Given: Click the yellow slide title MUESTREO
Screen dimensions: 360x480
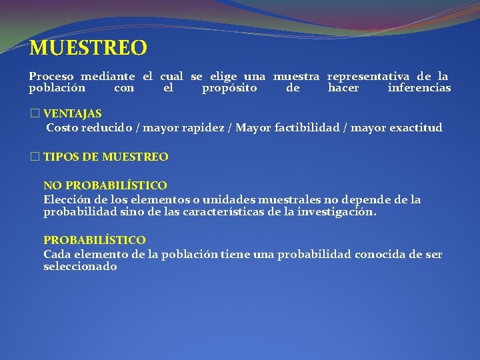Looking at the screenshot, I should coord(88,48).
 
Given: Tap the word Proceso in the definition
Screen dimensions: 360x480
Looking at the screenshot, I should coord(51,77).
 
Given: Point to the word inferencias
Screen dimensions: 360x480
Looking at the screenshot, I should coord(419,87).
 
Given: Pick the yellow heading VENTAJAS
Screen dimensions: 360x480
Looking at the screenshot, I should coord(73,114).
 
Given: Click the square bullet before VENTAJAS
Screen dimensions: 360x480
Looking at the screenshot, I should coord(35,114).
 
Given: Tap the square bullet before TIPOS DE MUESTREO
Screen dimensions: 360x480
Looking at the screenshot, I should coord(35,157).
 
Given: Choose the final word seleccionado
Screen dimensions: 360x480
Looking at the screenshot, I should coord(80,266).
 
